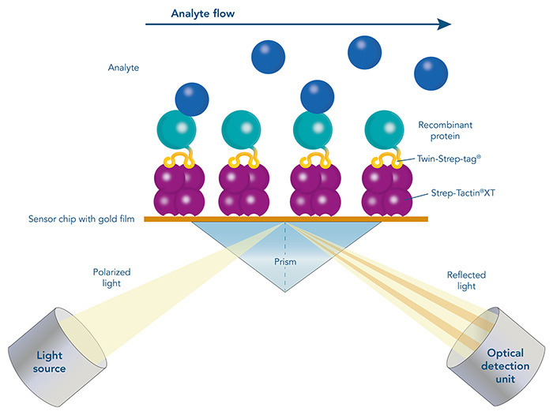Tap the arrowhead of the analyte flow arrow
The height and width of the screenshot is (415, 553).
[442, 24]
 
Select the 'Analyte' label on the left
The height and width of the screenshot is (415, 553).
[123, 68]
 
